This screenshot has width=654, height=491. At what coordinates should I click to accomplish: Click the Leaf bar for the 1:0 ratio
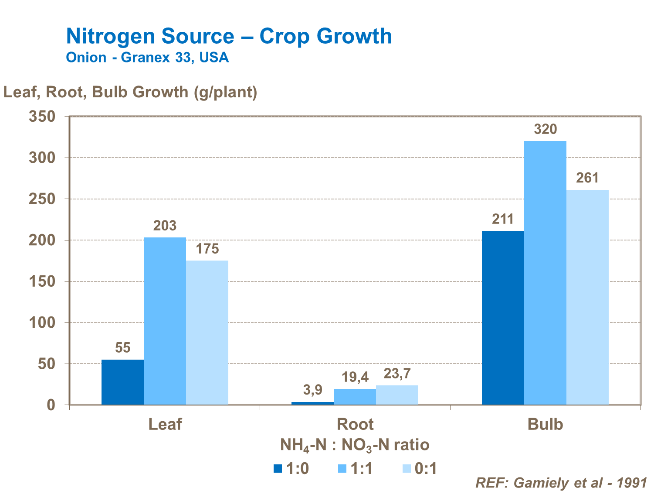click(x=122, y=382)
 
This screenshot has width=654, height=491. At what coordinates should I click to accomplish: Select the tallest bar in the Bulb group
click(x=545, y=273)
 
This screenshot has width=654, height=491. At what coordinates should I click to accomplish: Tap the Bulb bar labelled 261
click(x=587, y=297)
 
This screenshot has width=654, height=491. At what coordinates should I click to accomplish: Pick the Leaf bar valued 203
click(x=165, y=321)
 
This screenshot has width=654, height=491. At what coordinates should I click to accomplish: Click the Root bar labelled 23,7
click(x=397, y=395)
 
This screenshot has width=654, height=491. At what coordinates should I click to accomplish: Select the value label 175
click(x=207, y=249)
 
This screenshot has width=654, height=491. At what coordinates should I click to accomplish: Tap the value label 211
click(x=503, y=219)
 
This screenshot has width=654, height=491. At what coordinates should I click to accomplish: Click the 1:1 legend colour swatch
click(x=342, y=469)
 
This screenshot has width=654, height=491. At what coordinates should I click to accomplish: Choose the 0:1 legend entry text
click(x=426, y=469)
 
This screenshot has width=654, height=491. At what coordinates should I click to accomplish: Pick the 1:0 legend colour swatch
click(x=278, y=469)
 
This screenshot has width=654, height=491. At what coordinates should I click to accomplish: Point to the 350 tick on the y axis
click(x=42, y=117)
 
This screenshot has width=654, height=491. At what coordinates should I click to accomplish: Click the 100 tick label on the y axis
click(x=42, y=323)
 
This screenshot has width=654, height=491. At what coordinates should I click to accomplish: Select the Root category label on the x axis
click(x=355, y=424)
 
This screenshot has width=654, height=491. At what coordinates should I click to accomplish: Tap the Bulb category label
click(x=545, y=424)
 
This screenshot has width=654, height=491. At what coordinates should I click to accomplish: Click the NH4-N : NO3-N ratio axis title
click(x=355, y=445)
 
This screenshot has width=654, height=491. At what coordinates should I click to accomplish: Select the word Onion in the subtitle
click(x=86, y=58)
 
